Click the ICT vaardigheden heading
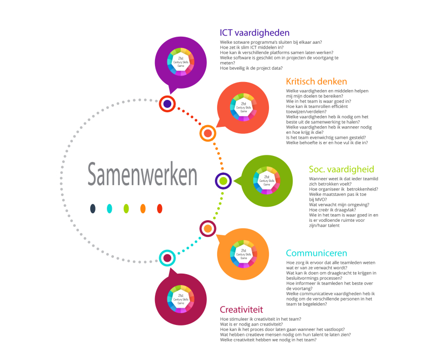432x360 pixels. [x=254, y=33]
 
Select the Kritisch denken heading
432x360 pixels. [x=318, y=81]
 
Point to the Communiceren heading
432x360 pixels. [x=316, y=253]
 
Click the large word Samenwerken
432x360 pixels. [x=143, y=175]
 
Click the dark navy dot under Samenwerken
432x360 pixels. [x=93, y=208]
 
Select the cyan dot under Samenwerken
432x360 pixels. [x=110, y=208]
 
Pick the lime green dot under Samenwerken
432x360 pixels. [x=126, y=208]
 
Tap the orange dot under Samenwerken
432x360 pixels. [x=143, y=208]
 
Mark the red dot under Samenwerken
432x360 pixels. [x=159, y=208]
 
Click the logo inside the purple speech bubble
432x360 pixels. [x=181, y=61]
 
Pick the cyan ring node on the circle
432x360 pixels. [x=167, y=258]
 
